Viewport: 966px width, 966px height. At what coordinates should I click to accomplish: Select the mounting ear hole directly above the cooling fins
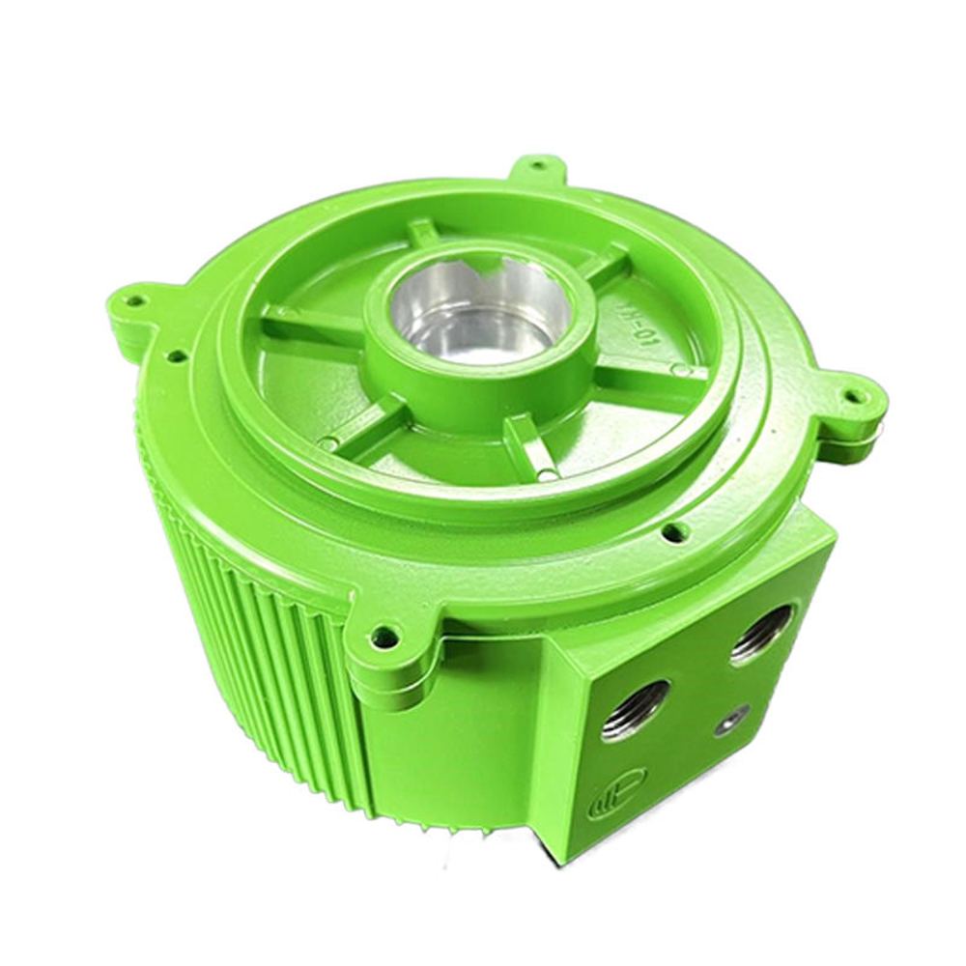click(x=135, y=301)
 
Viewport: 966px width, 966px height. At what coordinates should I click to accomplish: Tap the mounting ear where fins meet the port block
click(x=384, y=638)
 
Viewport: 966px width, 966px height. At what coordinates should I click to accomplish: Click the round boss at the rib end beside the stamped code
click(x=682, y=370)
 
